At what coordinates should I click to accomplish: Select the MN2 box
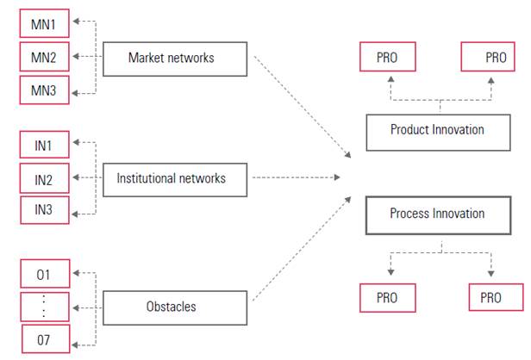43,57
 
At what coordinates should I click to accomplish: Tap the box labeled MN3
43,89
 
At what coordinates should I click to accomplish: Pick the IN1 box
43,146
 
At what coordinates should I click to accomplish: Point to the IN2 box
43,178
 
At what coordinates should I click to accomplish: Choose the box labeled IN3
43,210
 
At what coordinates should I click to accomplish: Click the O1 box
43,275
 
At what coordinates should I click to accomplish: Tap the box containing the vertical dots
43,307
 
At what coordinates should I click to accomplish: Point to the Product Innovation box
437,130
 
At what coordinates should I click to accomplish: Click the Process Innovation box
437,214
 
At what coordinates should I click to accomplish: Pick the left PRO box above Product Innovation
387,58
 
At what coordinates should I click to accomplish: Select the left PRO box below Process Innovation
387,298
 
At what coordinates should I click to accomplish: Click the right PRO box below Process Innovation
496,298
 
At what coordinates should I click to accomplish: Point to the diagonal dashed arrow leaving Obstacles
302,250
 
